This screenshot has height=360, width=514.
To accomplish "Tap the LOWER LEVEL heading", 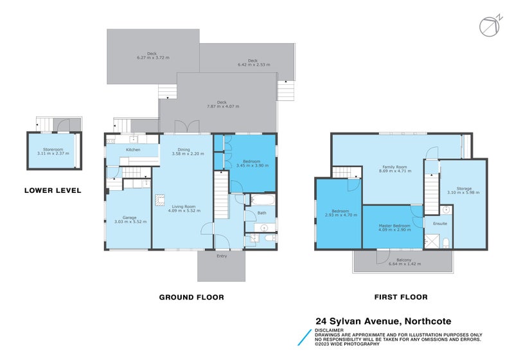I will point(53,190).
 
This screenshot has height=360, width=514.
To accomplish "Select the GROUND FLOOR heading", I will point(191,297).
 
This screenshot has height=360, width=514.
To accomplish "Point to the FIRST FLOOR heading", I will point(401,297).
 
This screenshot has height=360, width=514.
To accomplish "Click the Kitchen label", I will point(133,150).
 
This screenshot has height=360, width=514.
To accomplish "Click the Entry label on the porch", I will point(222,256).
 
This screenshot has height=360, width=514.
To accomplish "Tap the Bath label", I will point(261,213).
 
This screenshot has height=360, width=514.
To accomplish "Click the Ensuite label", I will point(440,224).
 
